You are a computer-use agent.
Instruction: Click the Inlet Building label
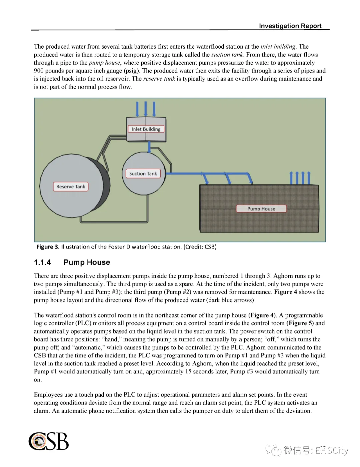[x=146, y=129]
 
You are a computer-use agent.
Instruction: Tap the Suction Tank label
[x=143, y=174]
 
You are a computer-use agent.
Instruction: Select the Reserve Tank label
[x=71, y=187]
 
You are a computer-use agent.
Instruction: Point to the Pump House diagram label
[x=261, y=209]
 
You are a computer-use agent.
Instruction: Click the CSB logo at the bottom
[x=49, y=441]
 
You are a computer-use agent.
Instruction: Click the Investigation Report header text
[x=290, y=26]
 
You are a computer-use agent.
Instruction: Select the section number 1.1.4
[x=42, y=262]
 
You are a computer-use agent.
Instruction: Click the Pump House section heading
[x=87, y=262]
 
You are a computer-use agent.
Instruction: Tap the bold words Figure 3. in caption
[x=48, y=247]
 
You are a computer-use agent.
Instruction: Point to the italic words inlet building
[x=278, y=47]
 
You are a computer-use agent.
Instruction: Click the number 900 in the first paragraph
[x=39, y=71]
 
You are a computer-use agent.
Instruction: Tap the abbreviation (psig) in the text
[x=132, y=71]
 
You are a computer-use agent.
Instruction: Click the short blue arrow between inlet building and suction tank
[x=149, y=147]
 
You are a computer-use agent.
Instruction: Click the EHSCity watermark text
[x=332, y=450]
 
